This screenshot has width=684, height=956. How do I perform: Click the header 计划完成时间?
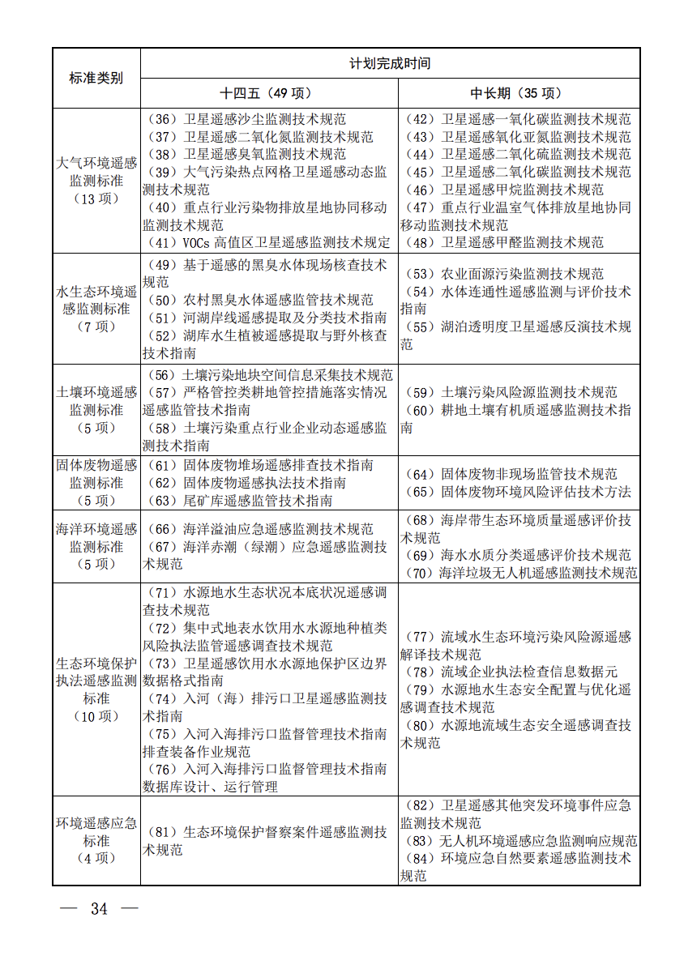[390, 63]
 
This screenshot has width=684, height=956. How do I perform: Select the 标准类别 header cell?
[96, 78]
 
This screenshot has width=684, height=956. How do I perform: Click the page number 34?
[99, 909]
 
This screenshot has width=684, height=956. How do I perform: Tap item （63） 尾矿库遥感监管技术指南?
[239, 501]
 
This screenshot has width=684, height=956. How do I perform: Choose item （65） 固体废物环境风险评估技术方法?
[517, 493]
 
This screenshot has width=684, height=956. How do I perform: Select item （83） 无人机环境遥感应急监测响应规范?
[519, 842]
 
